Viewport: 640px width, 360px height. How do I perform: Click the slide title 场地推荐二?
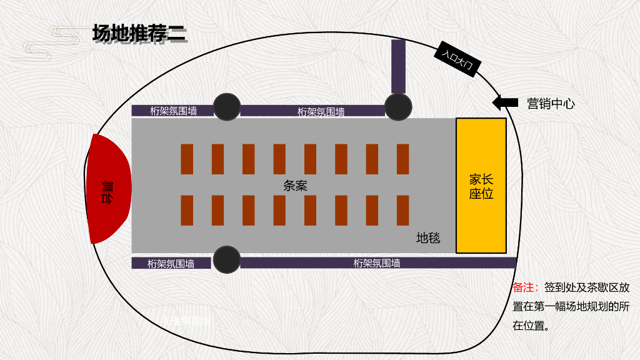pos(139,33)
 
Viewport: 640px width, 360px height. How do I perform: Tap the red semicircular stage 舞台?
pos(109,188)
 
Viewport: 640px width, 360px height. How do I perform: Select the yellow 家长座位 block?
pos(481,186)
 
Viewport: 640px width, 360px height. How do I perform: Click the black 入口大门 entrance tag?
pos(457,59)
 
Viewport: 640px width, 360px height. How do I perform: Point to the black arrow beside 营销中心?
pos(505,102)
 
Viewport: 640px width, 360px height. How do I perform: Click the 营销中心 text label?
pos(550,104)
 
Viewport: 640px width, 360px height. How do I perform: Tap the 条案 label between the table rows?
pos(295,186)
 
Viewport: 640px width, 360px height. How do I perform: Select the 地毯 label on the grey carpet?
pos(428,238)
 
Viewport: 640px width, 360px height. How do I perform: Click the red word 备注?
pos(524,287)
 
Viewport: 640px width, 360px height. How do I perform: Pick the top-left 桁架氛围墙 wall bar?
pos(172,111)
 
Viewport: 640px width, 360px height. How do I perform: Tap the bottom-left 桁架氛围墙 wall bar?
pos(171,263)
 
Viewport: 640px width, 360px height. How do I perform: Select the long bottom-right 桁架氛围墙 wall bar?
pos(377,263)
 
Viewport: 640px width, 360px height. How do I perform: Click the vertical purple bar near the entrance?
pos(398,66)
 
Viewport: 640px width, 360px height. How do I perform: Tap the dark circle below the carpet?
pos(227,259)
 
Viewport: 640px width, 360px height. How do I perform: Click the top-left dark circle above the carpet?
pos(227,107)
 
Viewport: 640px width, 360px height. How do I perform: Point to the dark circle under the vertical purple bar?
pos(398,107)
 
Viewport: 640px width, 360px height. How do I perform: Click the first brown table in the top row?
pos(187,159)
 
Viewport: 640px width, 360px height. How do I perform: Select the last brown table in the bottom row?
pos(402,210)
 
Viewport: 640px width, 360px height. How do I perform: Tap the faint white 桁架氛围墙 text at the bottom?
pos(187,321)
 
